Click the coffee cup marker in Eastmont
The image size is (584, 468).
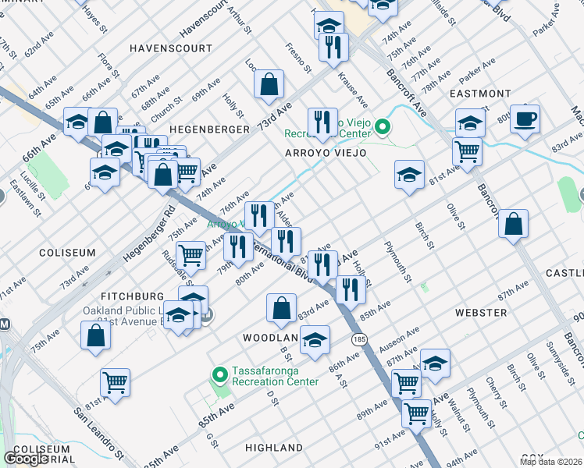click(524, 119)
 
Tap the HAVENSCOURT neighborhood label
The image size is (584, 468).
click(170, 48)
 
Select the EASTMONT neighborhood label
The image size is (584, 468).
click(480, 94)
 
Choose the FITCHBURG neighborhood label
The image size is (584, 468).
click(133, 296)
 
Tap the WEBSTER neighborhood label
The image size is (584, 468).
click(480, 313)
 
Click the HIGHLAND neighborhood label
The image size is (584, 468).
click(273, 448)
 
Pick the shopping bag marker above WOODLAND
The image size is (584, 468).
click(281, 307)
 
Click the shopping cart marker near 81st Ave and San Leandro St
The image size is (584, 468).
click(115, 382)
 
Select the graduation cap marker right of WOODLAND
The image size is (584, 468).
click(315, 340)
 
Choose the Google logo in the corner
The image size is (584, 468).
click(27, 459)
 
